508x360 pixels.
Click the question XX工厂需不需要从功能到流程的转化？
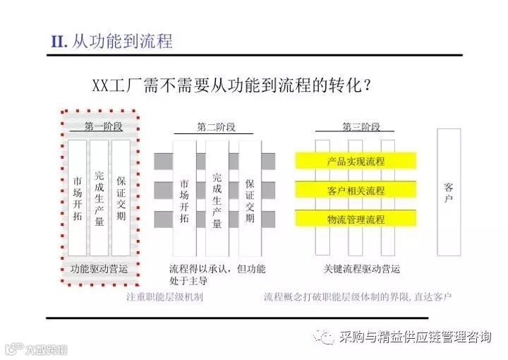[233, 85]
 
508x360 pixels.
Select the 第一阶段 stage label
[103, 127]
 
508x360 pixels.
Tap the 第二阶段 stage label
[216, 127]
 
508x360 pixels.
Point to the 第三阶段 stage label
[361, 127]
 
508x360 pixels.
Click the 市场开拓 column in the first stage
[78, 197]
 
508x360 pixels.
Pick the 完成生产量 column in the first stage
[99, 197]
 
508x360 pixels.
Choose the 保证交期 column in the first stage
[121, 197]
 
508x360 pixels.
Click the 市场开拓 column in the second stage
[185, 198]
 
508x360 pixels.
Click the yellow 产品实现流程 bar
[356, 162]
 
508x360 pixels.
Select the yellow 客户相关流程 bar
[356, 191]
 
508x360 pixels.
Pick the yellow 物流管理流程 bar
[356, 220]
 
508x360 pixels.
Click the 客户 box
[449, 191]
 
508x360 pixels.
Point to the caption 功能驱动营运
[99, 269]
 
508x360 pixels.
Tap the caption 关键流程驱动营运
[361, 269]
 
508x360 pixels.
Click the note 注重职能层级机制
[164, 296]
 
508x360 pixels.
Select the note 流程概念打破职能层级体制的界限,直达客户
[358, 296]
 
